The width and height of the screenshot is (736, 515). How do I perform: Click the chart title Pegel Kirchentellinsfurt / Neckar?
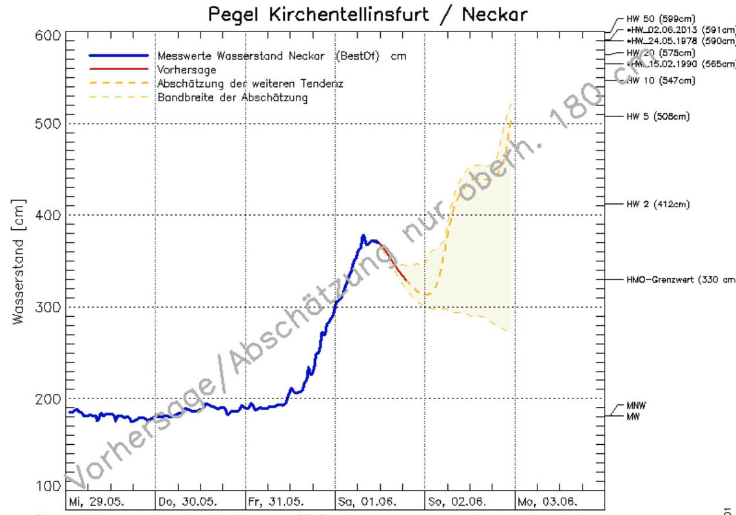368,14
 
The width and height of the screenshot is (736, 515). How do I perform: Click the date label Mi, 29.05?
97,501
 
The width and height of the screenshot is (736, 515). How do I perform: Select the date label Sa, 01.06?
367,501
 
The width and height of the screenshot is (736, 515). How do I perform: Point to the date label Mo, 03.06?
547,501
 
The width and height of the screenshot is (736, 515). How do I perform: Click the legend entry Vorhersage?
187,70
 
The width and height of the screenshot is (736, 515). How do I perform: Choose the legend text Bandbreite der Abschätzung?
233,98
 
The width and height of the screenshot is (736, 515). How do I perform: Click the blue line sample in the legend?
120,56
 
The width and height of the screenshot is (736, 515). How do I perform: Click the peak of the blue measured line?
363,236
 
